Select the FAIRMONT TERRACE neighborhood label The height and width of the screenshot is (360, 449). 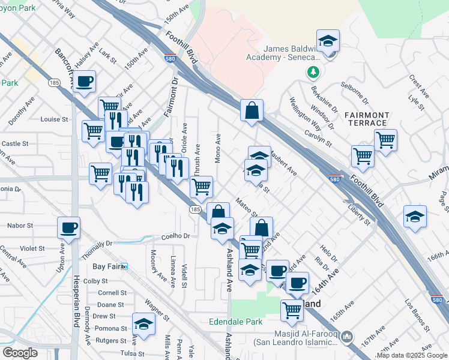pos(367,119)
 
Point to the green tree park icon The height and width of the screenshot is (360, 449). pos(313,73)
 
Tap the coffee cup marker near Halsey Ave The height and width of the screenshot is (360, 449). pos(84,81)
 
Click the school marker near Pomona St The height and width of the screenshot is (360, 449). pos(143,325)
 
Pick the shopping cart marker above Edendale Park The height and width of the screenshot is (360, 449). pos(292,310)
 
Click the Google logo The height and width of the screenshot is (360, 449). pos(20,353)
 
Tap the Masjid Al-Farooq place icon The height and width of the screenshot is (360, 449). pos(346,338)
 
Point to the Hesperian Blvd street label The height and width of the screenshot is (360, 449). pos(76,312)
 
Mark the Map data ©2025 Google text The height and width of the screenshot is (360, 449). pos(411,355)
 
